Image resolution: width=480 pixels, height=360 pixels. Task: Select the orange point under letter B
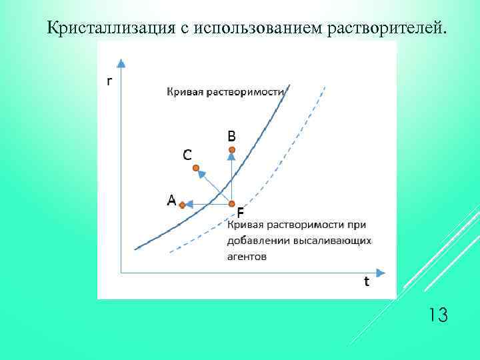click(231, 150)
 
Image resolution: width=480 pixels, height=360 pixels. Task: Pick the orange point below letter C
click(196, 169)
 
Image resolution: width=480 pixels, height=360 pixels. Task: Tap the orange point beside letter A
click(182, 205)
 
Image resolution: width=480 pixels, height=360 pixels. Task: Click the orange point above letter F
click(231, 203)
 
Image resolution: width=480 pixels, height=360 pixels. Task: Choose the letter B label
click(231, 135)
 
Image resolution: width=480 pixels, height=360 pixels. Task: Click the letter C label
click(187, 155)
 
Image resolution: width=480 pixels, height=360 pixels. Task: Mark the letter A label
click(171, 199)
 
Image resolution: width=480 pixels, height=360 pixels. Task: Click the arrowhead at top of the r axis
click(121, 64)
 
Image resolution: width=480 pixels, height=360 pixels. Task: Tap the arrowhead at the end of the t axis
click(381, 272)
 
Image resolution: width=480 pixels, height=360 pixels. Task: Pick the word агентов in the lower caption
click(247, 255)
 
